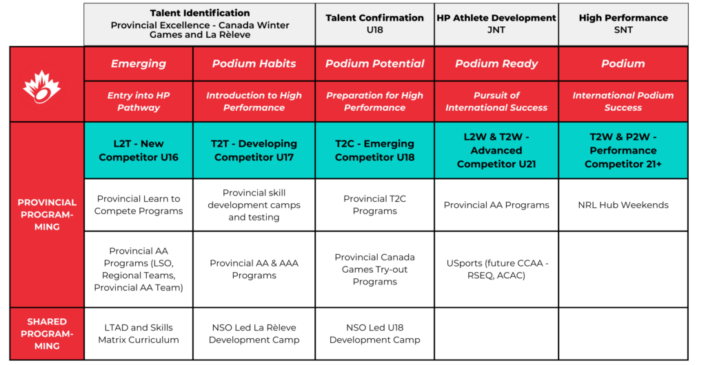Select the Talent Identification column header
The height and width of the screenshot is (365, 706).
click(200, 23)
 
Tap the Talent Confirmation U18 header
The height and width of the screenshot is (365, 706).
click(374, 23)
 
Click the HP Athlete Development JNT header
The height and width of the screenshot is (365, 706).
click(496, 23)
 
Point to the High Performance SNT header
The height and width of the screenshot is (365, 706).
click(623, 23)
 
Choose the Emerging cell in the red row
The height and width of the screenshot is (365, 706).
click(139, 63)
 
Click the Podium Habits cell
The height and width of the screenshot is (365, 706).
click(254, 63)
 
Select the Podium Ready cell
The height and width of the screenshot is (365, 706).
click(496, 63)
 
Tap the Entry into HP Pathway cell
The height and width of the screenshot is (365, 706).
click(139, 101)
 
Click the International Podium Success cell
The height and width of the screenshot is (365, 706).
click(623, 101)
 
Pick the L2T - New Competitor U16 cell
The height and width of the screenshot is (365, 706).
click(139, 150)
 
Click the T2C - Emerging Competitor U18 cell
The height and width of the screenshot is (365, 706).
click(374, 150)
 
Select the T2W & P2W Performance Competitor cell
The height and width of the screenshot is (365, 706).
click(623, 150)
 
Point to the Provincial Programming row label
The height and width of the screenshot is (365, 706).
click(47, 214)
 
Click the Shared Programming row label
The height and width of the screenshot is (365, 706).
click(47, 333)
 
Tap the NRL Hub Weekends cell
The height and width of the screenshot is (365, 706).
click(623, 205)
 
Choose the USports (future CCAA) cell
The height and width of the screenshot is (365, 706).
click(496, 269)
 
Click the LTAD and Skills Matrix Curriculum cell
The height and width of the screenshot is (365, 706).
click(139, 333)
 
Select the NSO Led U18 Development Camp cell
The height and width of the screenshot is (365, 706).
click(374, 333)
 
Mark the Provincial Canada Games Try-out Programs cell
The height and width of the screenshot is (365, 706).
click(374, 269)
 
